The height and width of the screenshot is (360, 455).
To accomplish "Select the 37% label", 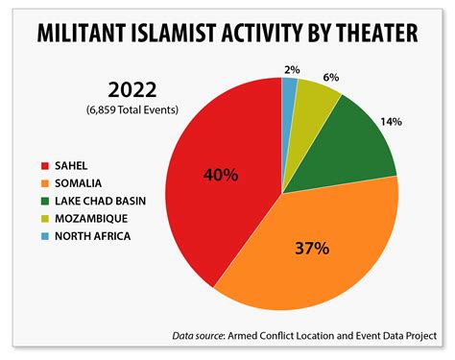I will pyautogui.click(x=312, y=249).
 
